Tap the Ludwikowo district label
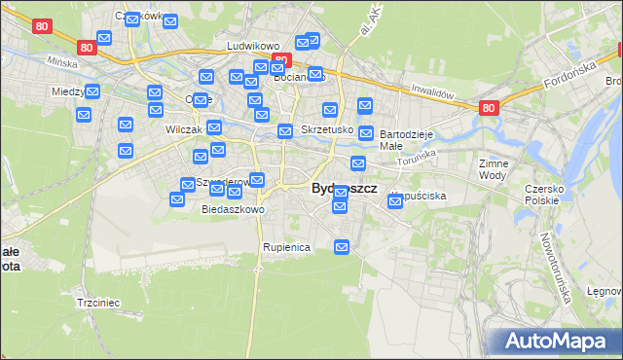[x=253, y=46]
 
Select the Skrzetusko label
[x=325, y=129]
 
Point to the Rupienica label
[x=286, y=247]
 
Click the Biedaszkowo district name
[x=233, y=209]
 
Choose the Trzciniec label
[x=97, y=303]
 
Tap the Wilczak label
[x=184, y=129]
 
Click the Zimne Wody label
[x=494, y=170]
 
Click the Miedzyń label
[x=68, y=91]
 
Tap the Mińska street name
[x=61, y=60]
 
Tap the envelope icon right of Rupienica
[x=342, y=248]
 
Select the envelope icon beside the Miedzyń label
[x=92, y=92]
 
